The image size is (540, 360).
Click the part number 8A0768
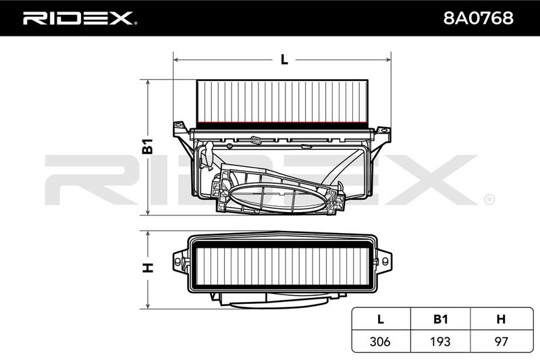(x=478, y=18)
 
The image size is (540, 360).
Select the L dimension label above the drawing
(x=284, y=59)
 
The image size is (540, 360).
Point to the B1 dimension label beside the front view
(x=148, y=146)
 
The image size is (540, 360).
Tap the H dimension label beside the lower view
(x=148, y=267)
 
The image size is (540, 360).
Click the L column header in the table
(x=381, y=319)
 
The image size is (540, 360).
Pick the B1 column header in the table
(x=441, y=319)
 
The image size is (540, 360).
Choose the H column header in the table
(x=501, y=319)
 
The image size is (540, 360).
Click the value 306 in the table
(x=380, y=341)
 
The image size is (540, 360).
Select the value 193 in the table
(x=441, y=341)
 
